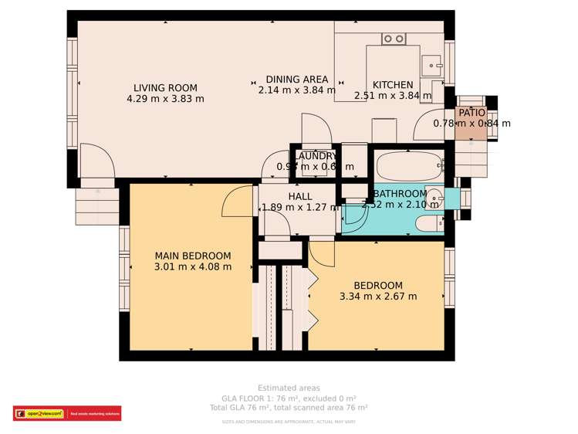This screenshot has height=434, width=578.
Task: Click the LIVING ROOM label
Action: coord(165,88)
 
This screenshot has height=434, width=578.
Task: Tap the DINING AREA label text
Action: coord(297,80)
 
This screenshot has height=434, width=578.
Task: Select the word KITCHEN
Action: coord(393,85)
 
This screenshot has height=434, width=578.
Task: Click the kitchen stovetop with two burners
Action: coord(394,38)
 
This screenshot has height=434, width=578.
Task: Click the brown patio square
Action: coord(471,124)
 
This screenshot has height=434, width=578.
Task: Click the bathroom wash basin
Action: coord(433,198)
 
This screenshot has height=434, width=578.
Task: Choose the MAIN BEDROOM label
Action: coord(192,256)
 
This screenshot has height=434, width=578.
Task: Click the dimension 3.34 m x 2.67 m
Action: coord(378,297)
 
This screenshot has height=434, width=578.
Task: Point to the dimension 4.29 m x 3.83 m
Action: coord(165,99)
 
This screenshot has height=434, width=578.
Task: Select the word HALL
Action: coord(299,197)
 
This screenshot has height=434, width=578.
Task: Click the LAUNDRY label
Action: coord(316,156)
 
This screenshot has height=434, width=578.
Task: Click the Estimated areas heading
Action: coord(289,388)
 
